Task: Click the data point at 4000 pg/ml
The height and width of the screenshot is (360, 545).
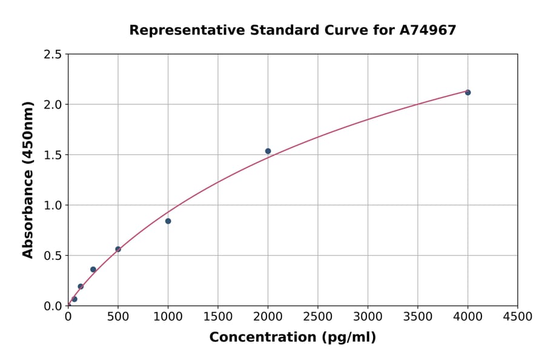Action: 467,92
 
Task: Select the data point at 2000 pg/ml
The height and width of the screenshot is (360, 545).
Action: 268,151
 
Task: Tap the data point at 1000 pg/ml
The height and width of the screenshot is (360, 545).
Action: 168,221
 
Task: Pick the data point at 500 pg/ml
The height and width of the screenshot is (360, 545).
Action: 118,249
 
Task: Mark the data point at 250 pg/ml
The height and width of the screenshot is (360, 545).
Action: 93,270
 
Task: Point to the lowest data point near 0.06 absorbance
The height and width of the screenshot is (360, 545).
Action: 74,299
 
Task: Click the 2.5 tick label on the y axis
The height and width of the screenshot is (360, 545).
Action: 53,55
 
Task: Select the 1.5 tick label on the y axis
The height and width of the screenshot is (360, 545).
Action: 53,155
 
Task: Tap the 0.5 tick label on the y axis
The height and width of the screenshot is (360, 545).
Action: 53,256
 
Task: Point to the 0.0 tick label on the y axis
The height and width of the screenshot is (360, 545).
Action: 53,306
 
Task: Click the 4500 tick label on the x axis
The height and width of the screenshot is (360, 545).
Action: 517,317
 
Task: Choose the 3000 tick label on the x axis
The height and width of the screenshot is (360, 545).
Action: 368,317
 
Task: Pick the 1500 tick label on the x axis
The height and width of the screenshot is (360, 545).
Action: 218,317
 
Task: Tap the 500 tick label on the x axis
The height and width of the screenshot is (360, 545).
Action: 118,317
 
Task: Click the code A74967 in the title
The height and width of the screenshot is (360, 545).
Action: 428,30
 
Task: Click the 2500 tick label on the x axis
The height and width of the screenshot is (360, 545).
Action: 318,317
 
